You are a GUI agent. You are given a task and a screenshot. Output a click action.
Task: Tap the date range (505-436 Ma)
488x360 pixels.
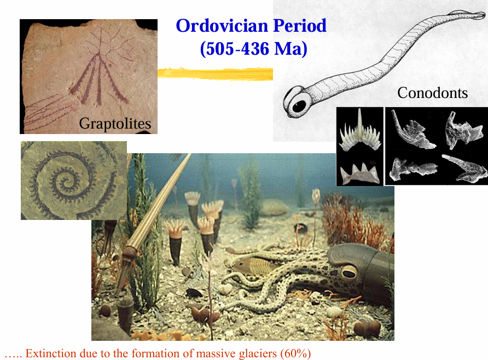[253, 49]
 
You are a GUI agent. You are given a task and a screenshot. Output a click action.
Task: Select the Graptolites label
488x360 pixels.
[115, 124]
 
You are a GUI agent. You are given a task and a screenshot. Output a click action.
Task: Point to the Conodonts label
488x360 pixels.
[432, 93]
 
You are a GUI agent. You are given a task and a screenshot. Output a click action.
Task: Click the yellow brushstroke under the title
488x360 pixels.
[215, 73]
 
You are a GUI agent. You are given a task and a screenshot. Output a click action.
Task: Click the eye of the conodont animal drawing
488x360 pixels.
[299, 105]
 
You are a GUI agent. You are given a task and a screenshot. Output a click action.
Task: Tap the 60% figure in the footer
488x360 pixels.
[295, 353]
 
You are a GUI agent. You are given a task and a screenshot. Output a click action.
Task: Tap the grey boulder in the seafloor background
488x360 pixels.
[274, 207]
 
